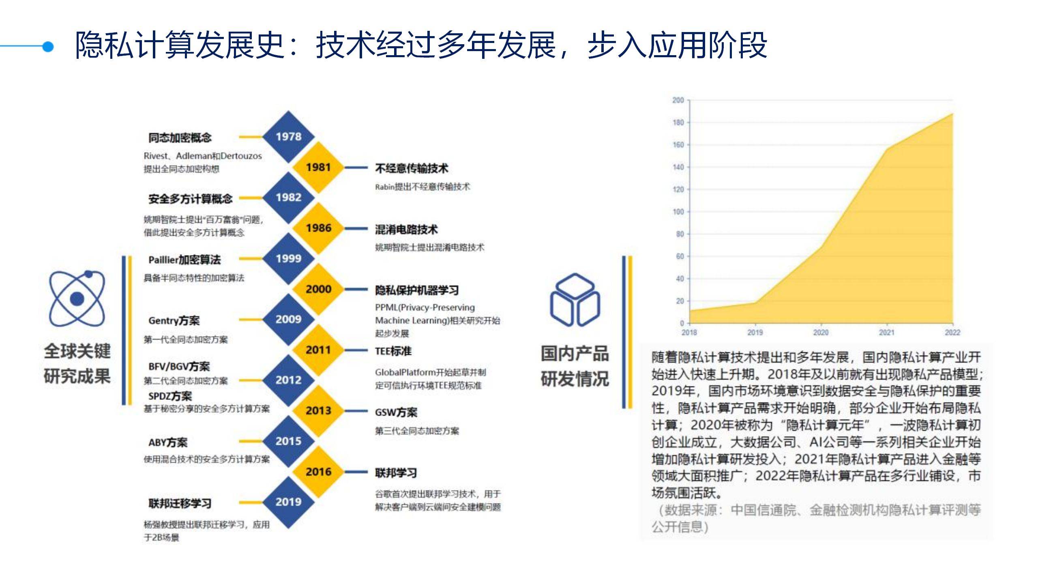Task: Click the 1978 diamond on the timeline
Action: pyautogui.click(x=288, y=137)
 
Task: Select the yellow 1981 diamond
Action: pyautogui.click(x=318, y=167)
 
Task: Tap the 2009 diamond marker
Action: pyautogui.click(x=288, y=319)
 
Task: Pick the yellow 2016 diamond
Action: pyautogui.click(x=318, y=472)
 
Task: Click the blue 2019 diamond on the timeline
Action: pyautogui.click(x=288, y=502)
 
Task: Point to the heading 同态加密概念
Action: pyautogui.click(x=180, y=137)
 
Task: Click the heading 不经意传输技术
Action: pyautogui.click(x=412, y=168)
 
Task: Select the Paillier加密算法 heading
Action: pyautogui.click(x=184, y=260)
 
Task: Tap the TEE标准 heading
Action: pyautogui.click(x=393, y=351)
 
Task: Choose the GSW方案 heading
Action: pyautogui.click(x=396, y=412)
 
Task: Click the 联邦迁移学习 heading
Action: pyautogui.click(x=180, y=504)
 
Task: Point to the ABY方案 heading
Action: pyautogui.click(x=168, y=442)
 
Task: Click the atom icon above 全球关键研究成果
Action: pyautogui.click(x=77, y=298)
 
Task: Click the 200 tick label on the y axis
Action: pyautogui.click(x=678, y=100)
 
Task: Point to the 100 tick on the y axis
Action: pyautogui.click(x=678, y=212)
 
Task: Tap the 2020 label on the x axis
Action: pyautogui.click(x=821, y=333)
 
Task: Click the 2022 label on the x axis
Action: pyautogui.click(x=952, y=333)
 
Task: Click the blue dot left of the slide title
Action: pyautogui.click(x=48, y=47)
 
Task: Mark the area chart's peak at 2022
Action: pyautogui.click(x=952, y=114)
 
